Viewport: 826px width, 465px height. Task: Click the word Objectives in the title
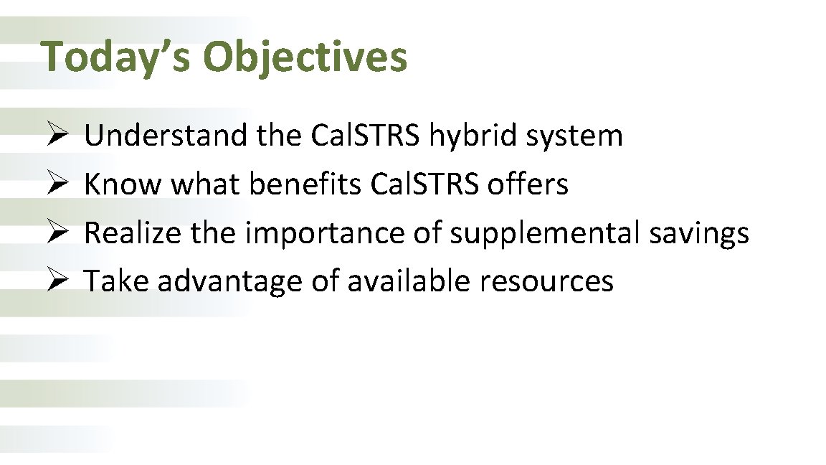(305, 57)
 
